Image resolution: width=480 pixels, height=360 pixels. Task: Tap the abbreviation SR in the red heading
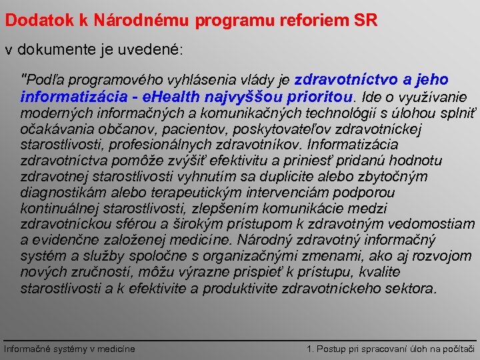[x=365, y=21]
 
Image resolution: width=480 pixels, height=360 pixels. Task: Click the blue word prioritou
[x=321, y=96]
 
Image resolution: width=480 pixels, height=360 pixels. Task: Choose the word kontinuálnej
[x=57, y=209]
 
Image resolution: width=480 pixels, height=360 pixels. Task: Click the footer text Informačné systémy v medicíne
[x=69, y=349]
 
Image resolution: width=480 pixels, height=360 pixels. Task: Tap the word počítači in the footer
[x=459, y=349]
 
